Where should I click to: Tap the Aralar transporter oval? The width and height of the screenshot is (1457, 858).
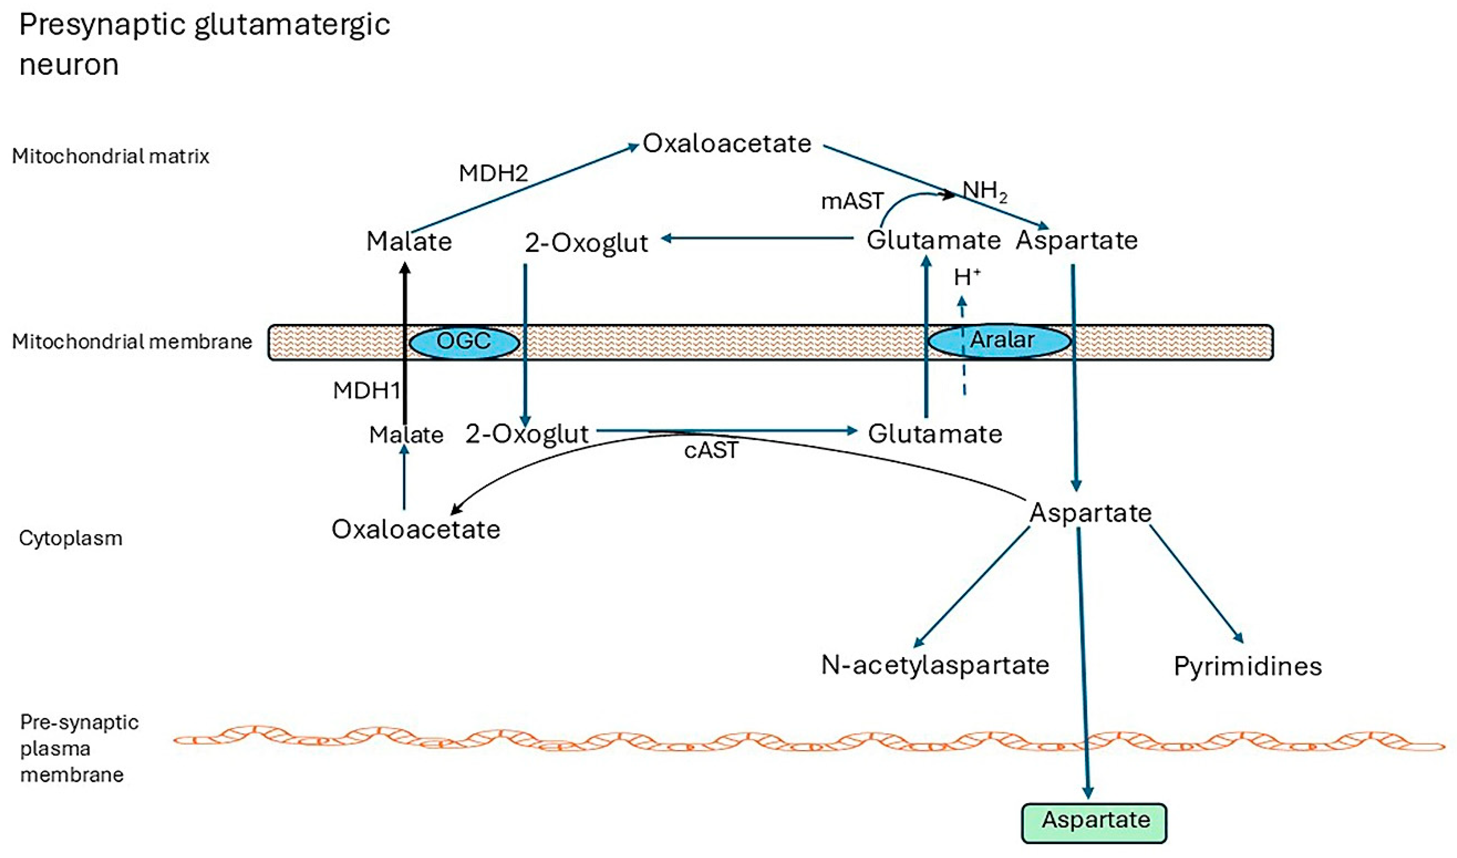click(1000, 341)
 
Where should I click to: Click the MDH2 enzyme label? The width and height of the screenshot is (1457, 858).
click(493, 173)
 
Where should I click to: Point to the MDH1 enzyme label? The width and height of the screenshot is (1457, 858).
click(366, 391)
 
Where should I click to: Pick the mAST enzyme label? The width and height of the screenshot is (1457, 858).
click(852, 201)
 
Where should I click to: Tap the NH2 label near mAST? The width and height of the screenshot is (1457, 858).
click(984, 191)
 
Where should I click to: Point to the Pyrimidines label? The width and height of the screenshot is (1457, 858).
click(1248, 666)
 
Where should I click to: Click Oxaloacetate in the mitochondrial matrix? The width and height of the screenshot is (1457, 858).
click(727, 143)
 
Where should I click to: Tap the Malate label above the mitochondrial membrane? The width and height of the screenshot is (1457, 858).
click(409, 241)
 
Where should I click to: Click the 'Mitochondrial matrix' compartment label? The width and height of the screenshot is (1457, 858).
click(110, 157)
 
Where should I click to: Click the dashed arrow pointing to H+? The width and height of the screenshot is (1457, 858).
click(963, 347)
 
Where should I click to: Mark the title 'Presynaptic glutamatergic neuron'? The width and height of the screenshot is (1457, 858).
click(204, 45)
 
